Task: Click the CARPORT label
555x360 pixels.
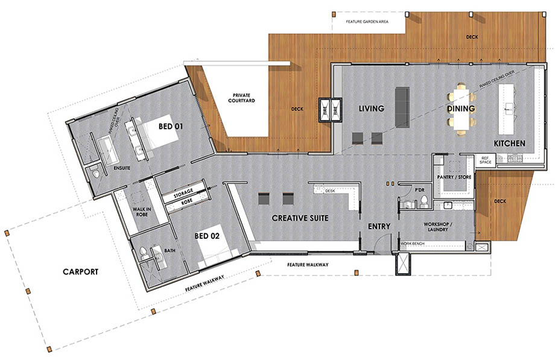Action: [80, 272]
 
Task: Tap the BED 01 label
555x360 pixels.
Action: [171, 127]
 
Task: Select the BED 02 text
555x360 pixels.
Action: [207, 236]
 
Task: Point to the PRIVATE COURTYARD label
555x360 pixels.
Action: [241, 98]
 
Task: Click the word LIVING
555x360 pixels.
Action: [371, 109]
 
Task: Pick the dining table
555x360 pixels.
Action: [461, 109]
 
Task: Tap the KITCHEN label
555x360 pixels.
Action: [509, 144]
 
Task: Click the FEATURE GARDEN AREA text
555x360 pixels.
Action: [367, 22]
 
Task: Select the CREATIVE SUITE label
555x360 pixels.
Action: [300, 218]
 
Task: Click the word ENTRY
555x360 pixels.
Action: [379, 226]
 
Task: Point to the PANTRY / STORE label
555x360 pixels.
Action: [454, 177]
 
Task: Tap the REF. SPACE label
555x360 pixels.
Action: [485, 160]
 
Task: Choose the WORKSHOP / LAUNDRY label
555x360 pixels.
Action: [438, 227]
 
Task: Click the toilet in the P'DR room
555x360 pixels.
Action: [424, 201]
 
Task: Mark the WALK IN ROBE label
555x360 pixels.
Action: [142, 212]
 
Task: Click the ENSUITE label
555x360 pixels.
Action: [122, 168]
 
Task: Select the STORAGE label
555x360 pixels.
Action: [183, 194]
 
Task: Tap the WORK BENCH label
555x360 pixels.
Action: [413, 244]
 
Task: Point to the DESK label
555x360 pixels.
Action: [329, 191]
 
